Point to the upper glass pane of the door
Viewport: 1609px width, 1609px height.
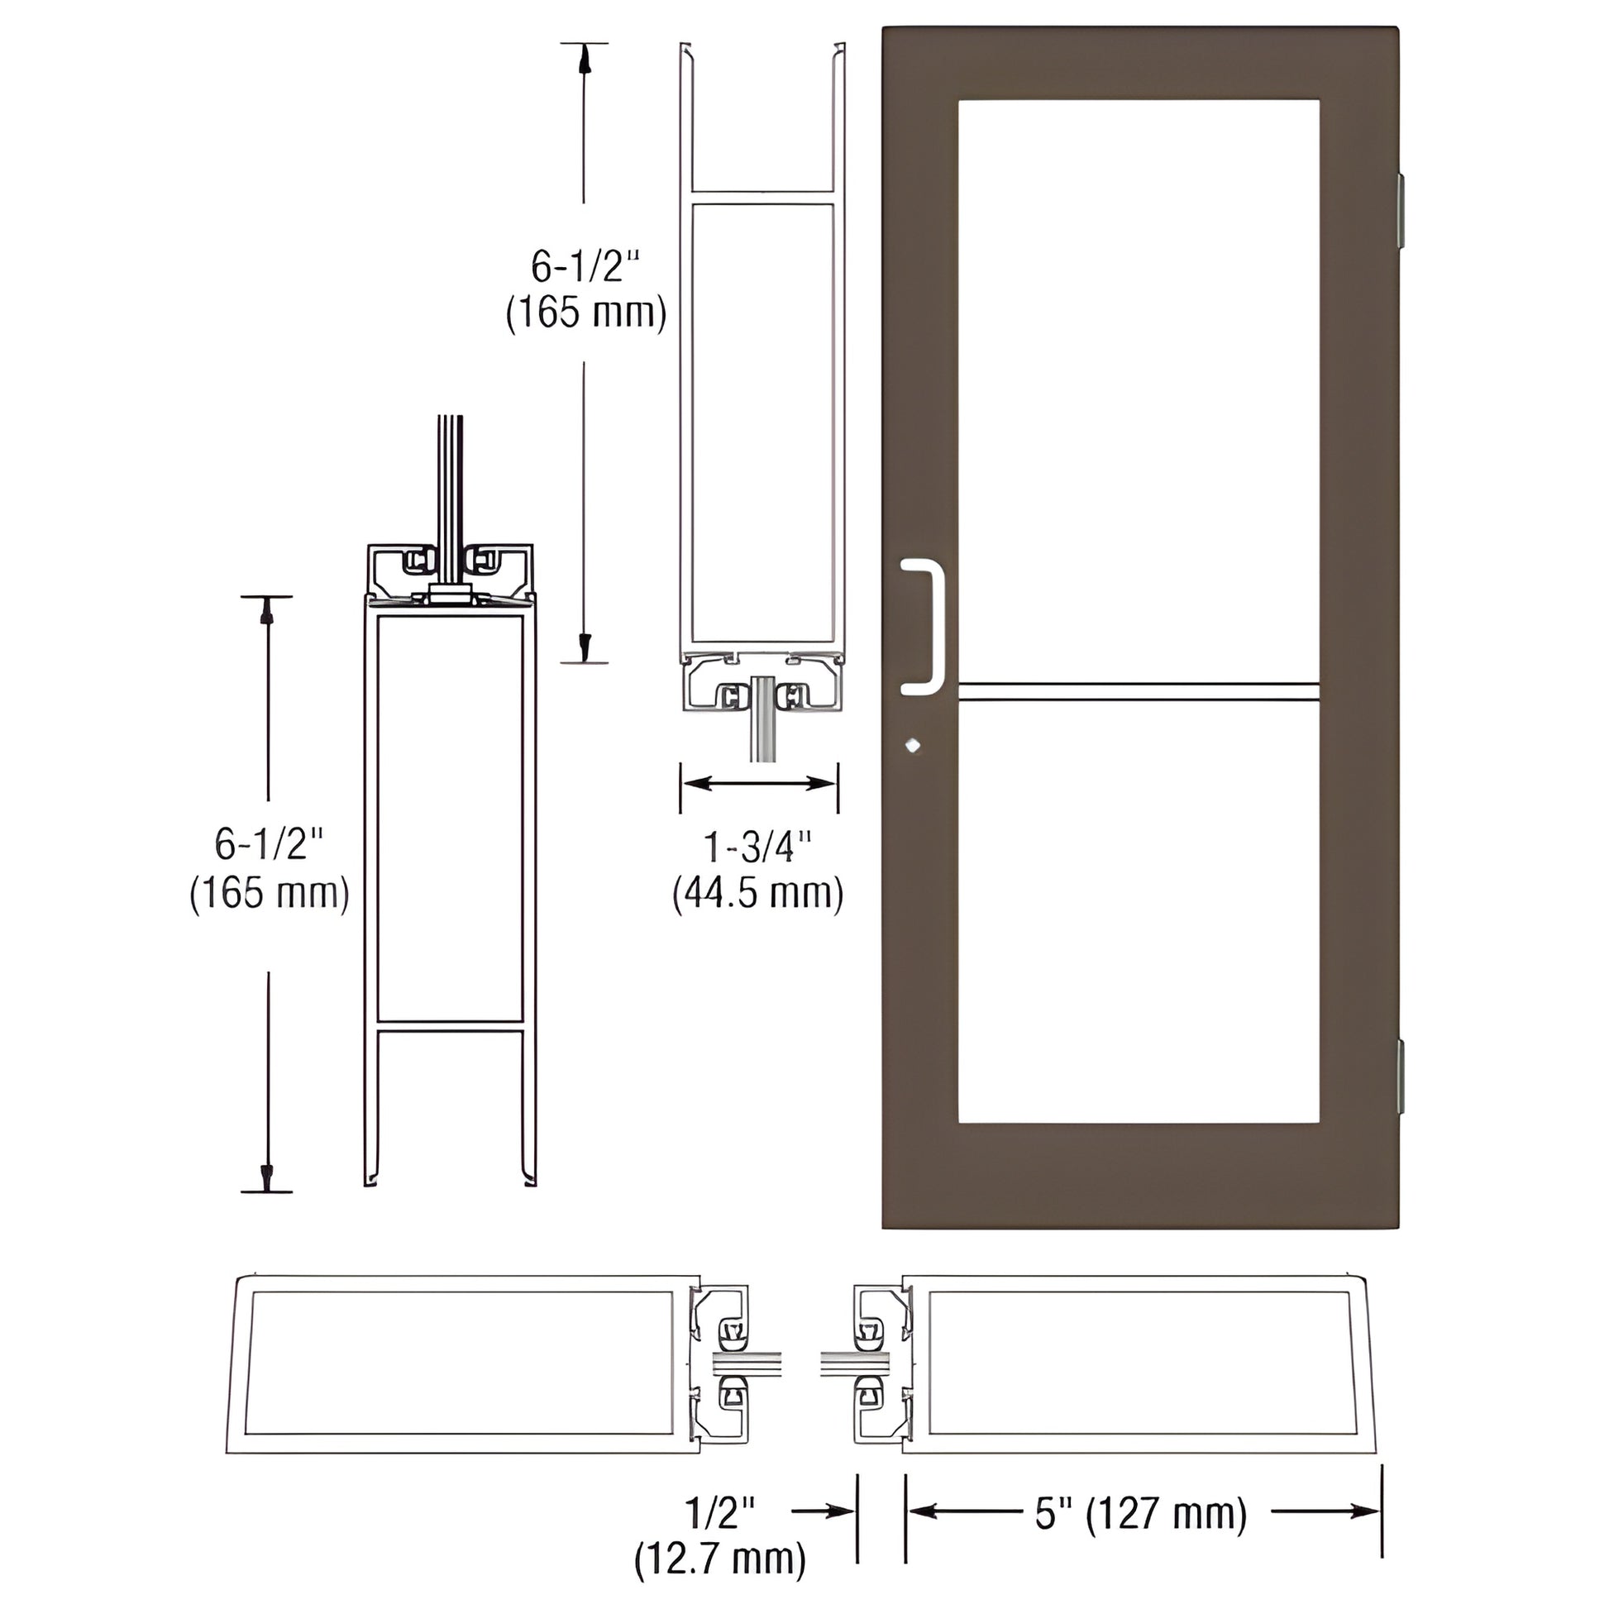point(1139,391)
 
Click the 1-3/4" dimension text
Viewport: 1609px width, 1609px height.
point(758,848)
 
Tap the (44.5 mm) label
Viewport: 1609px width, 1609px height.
point(758,894)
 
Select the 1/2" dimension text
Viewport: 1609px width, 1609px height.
point(721,1511)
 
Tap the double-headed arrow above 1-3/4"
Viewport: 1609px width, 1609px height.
point(759,783)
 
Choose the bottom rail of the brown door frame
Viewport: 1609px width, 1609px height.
point(1139,1175)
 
